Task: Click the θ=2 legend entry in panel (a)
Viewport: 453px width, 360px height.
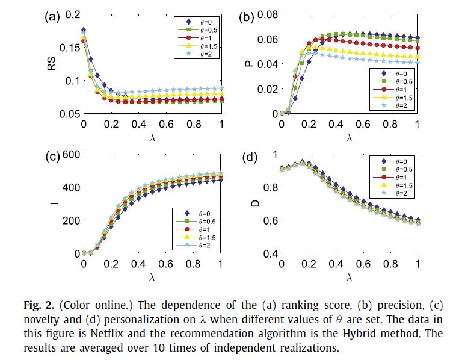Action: (201, 55)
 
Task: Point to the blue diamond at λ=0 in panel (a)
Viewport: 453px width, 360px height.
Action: (84, 30)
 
